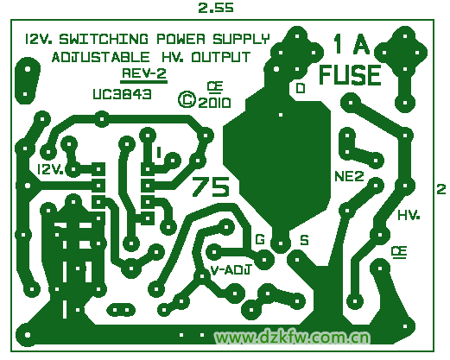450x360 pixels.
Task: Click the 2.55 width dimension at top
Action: [x=216, y=8]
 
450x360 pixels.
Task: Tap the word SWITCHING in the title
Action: [x=104, y=39]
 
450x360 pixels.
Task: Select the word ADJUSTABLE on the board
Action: [x=101, y=57]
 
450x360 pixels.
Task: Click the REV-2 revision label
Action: [x=144, y=73]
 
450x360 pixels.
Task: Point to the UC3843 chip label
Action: [x=122, y=94]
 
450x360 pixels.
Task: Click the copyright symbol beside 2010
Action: [x=187, y=100]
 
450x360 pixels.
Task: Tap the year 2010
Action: [x=214, y=103]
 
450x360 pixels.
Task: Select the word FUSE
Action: [x=350, y=75]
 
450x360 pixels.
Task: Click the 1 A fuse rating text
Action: [x=352, y=44]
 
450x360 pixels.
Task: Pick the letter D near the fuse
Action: [x=301, y=88]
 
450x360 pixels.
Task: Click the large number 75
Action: [x=211, y=186]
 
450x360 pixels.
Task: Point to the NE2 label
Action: [x=350, y=176]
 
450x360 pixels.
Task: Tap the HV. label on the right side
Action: [x=409, y=215]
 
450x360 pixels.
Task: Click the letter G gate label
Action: [x=260, y=239]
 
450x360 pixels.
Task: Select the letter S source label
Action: [x=304, y=240]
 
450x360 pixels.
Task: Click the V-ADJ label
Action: [x=231, y=270]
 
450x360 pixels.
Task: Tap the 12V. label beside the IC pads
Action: [x=51, y=169]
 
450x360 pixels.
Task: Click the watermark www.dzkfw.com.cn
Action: [x=293, y=338]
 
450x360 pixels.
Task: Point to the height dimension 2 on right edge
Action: [x=441, y=190]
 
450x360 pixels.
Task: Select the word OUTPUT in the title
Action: [x=221, y=57]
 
